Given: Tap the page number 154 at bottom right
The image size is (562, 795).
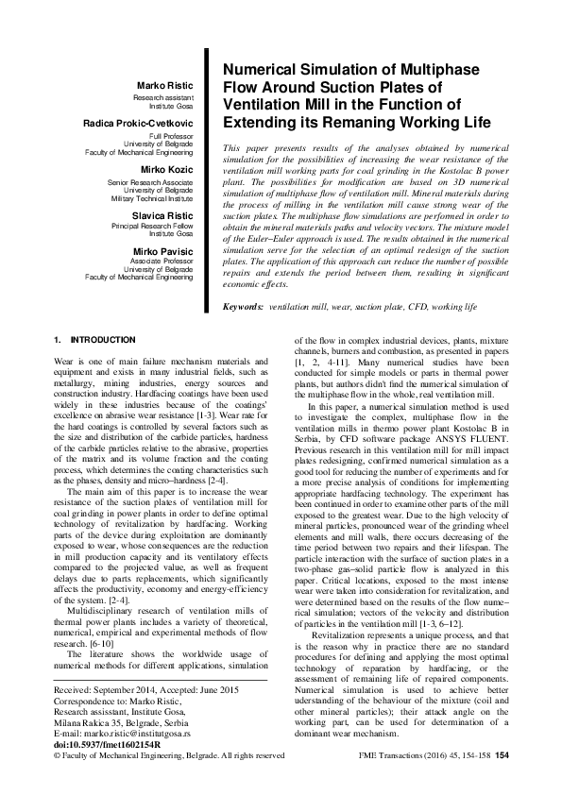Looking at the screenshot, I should (x=502, y=755).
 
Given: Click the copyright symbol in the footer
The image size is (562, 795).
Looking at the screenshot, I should (x=59, y=755).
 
